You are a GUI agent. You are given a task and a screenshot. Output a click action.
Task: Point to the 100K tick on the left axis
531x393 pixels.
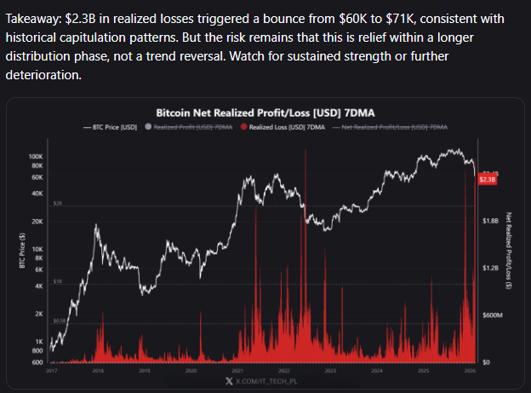click(35, 157)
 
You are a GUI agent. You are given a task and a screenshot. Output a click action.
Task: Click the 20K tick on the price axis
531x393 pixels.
click(37, 221)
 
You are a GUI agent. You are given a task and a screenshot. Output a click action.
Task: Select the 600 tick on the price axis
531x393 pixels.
click(37, 362)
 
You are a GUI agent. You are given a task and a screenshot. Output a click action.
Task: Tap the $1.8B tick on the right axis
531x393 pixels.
click(491, 220)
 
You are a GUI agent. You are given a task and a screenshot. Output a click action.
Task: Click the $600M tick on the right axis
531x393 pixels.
click(493, 315)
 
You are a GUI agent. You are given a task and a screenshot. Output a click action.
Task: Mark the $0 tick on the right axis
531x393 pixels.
click(485, 362)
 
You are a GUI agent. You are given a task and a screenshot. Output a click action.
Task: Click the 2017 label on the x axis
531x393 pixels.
click(51, 371)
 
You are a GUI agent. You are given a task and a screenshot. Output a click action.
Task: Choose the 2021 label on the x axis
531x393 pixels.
click(237, 371)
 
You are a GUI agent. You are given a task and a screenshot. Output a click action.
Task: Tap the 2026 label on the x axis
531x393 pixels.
click(470, 371)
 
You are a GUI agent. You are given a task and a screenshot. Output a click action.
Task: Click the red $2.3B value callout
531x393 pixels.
click(488, 180)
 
